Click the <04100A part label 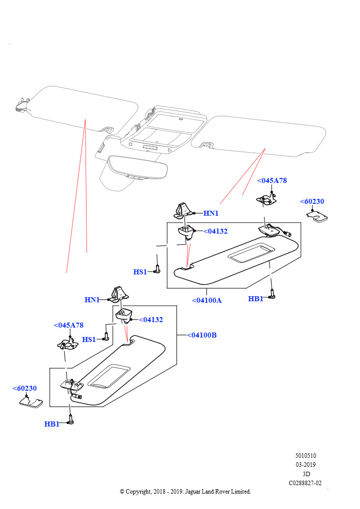[207, 300]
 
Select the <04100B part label [202, 335]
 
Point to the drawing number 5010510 [305, 455]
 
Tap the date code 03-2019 [305, 464]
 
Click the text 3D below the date [306, 474]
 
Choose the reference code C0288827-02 [305, 483]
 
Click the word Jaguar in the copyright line [195, 492]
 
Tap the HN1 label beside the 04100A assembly [211, 213]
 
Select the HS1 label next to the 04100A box [140, 272]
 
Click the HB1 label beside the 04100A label [256, 299]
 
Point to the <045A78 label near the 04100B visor [69, 325]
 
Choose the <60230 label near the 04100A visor [312, 201]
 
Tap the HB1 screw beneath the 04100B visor [71, 420]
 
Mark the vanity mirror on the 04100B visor [109, 376]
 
